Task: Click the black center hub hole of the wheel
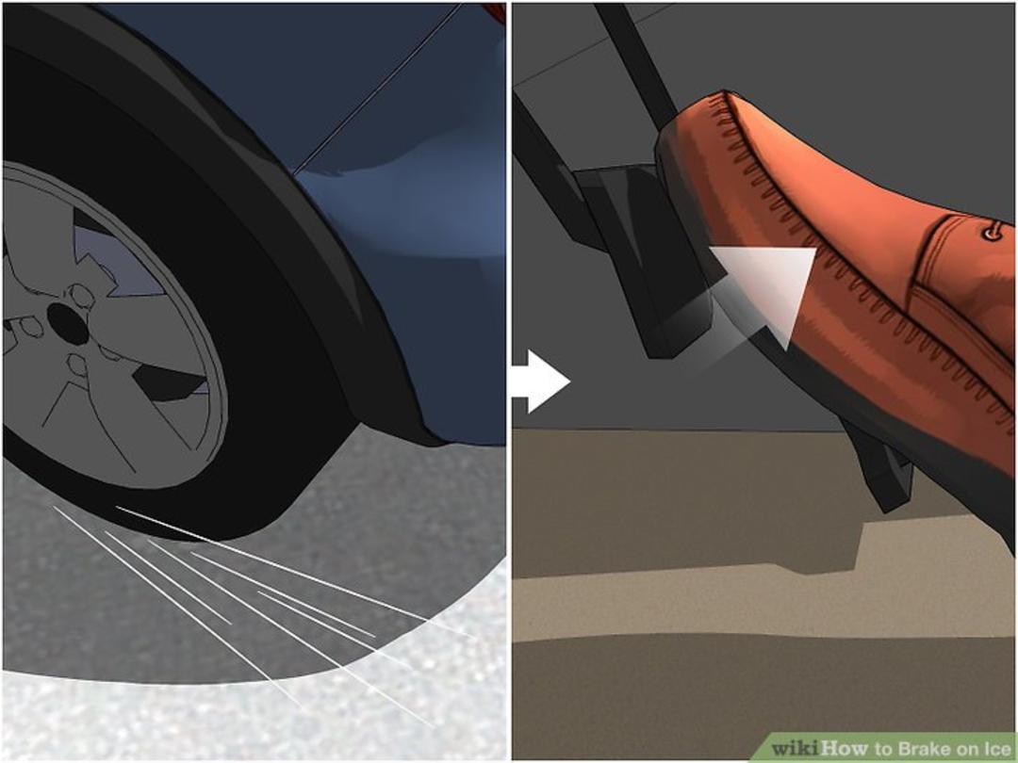pos(68,322)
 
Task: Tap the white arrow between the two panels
pos(541,381)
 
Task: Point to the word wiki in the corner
pos(796,748)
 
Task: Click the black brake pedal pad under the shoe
pos(643,260)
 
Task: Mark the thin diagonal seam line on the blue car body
pos(377,89)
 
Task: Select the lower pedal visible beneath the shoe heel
pos(879,463)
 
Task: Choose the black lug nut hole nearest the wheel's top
pos(82,296)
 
